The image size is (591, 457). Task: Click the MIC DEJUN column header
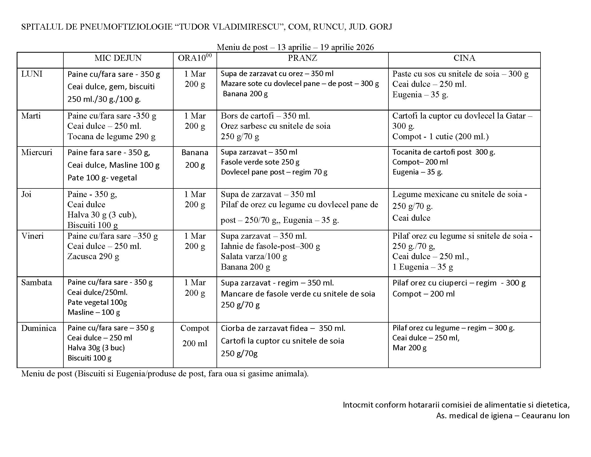(x=118, y=58)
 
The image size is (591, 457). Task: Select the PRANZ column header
(x=302, y=58)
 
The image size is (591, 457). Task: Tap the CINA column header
(x=464, y=58)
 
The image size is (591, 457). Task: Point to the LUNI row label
(x=32, y=74)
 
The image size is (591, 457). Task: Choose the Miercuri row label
(x=37, y=152)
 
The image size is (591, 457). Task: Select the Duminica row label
(x=39, y=328)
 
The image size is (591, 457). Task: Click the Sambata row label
(x=37, y=282)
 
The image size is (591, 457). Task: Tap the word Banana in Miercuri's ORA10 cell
(x=194, y=153)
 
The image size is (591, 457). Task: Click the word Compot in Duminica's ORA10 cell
(x=194, y=328)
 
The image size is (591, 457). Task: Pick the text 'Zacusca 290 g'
(x=93, y=256)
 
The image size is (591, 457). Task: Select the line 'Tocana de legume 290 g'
(x=111, y=137)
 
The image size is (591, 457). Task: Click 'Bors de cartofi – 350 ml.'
(x=265, y=116)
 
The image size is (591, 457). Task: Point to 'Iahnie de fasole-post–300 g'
(x=270, y=246)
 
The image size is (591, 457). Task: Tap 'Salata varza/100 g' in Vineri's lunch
(x=254, y=256)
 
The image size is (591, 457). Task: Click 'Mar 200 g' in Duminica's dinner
(x=409, y=348)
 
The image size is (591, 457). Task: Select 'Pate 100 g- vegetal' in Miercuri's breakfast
(x=102, y=178)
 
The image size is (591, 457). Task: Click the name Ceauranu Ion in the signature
(x=545, y=416)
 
